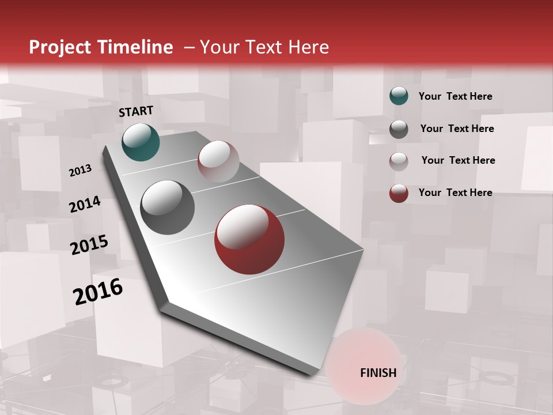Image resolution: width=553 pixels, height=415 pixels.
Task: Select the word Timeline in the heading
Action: click(136, 47)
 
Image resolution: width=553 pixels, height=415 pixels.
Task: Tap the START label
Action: click(136, 111)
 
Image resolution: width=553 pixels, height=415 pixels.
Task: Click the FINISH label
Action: click(378, 373)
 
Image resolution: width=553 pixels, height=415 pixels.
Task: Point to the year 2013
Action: click(80, 170)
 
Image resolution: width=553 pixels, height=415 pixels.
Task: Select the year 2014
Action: click(85, 204)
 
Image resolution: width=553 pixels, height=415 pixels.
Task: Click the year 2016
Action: click(98, 291)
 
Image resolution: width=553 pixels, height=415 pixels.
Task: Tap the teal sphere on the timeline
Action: click(141, 142)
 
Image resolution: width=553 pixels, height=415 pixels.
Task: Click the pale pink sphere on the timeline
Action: click(218, 161)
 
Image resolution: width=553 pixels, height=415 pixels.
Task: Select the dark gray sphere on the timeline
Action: click(167, 207)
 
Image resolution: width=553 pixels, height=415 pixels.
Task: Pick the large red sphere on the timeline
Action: click(249, 239)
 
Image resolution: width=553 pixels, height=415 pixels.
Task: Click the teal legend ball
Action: click(399, 96)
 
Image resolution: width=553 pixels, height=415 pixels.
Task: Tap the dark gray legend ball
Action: click(399, 129)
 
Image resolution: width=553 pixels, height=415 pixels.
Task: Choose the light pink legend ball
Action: click(399, 161)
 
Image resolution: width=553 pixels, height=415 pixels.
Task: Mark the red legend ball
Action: click(399, 193)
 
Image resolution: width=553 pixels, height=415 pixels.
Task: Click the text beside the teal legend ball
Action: click(455, 96)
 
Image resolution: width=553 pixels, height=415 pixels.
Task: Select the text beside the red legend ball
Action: click(455, 193)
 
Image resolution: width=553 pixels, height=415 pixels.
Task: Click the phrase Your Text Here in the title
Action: click(264, 47)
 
